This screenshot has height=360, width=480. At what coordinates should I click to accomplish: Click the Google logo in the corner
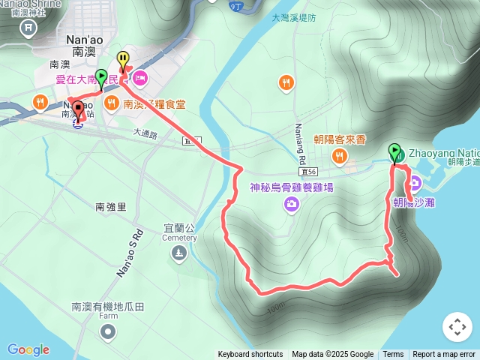[x=28, y=349]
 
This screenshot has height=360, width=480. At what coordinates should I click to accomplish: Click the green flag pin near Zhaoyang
[x=394, y=153]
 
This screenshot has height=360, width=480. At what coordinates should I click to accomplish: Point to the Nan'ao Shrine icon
[x=28, y=28]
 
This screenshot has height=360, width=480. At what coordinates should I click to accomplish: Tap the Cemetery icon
[x=178, y=255]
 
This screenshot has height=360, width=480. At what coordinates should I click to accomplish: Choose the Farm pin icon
[x=107, y=333]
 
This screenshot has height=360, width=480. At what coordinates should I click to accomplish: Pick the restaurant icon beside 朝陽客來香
[x=340, y=156]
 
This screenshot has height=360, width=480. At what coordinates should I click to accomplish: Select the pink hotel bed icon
[x=141, y=79]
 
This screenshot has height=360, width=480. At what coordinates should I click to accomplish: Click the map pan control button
[x=457, y=327]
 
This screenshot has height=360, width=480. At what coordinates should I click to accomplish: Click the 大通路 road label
[x=145, y=133]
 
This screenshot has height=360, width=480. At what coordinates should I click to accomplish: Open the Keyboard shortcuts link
[x=250, y=355]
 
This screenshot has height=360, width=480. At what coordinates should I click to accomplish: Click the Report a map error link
[x=444, y=355]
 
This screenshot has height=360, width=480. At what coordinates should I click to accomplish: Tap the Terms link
[x=393, y=355]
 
